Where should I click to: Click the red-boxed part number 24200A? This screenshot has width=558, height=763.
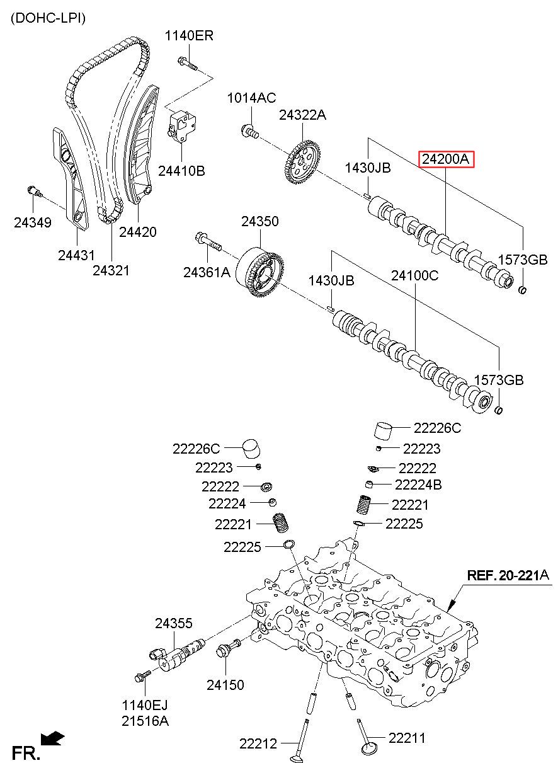[446, 159]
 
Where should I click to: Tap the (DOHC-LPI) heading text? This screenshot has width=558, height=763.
[48, 18]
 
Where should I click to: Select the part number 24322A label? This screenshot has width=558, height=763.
[303, 115]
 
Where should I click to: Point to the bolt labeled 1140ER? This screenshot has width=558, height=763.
[188, 64]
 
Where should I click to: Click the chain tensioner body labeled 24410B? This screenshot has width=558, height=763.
[181, 125]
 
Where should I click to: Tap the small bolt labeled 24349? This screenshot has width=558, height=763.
[35, 192]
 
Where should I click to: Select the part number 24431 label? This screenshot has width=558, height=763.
[77, 255]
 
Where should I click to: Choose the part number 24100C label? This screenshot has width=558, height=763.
[414, 275]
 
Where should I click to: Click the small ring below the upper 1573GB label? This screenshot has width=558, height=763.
[522, 290]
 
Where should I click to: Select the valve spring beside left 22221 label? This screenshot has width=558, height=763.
[281, 523]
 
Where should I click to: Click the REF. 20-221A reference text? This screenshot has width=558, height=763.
[508, 576]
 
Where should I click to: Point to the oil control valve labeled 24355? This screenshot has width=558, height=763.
[178, 652]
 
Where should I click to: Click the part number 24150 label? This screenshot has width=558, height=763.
[225, 685]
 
